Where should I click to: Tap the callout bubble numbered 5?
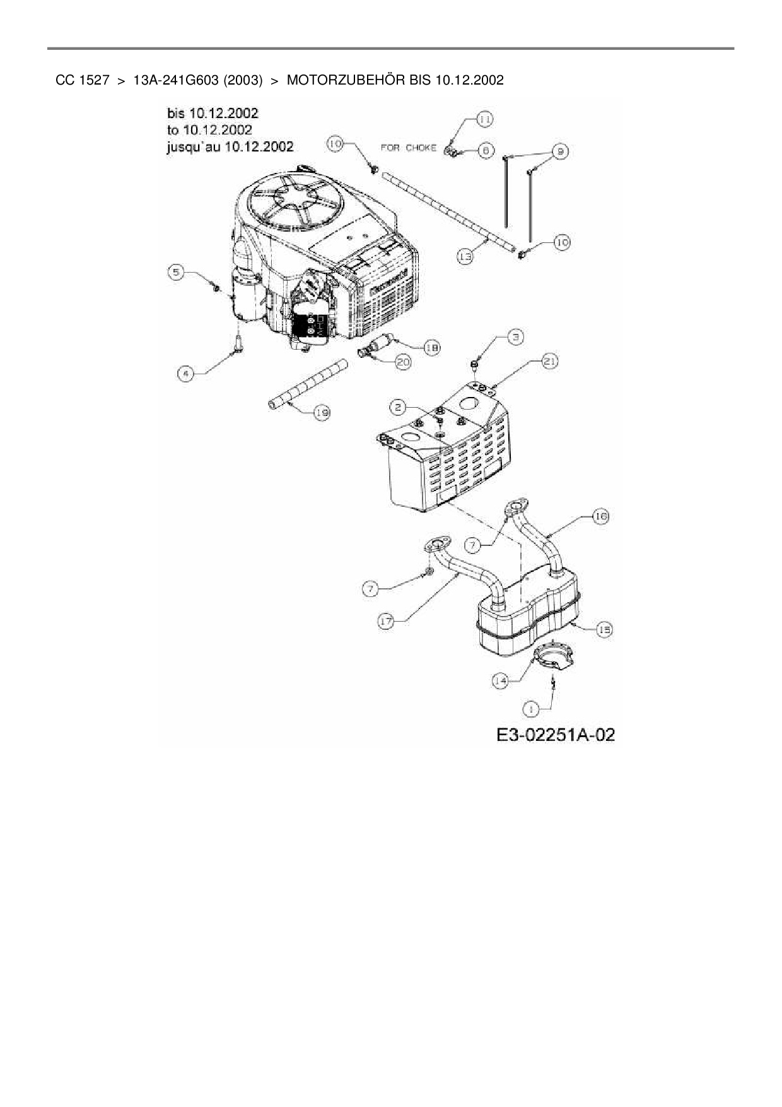(x=177, y=272)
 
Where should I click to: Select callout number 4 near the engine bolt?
(x=185, y=374)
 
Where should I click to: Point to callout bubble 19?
(x=322, y=413)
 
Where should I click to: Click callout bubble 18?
(x=432, y=346)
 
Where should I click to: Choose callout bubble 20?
(x=403, y=362)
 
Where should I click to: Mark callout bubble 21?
(x=549, y=361)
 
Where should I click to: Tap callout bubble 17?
(x=386, y=621)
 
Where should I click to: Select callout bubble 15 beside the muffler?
(x=604, y=629)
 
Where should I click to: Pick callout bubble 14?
(x=500, y=680)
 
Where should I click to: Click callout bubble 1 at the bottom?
(x=532, y=709)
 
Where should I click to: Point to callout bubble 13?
(x=465, y=257)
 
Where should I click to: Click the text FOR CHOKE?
(x=408, y=148)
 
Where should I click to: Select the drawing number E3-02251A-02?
(x=555, y=735)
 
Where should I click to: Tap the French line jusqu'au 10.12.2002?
(x=230, y=146)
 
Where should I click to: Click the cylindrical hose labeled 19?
(x=309, y=384)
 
